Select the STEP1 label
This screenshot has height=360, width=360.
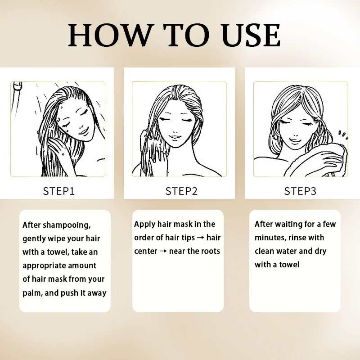[x=59, y=191]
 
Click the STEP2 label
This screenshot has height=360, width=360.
[x=181, y=191]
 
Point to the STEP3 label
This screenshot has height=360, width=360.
[x=300, y=191]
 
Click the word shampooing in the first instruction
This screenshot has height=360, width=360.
[x=67, y=225]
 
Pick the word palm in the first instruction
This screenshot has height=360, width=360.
[x=32, y=293]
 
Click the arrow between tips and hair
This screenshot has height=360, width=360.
[x=200, y=238]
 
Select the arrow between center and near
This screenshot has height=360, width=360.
[x=163, y=251]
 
